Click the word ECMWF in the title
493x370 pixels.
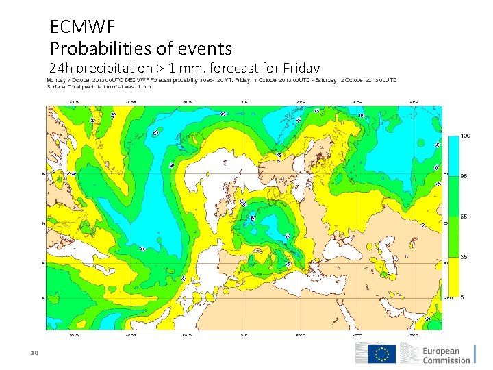tap(82, 27)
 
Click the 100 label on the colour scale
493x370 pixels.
tap(465, 136)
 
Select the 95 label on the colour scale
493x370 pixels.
tap(464, 176)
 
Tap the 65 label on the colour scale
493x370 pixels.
tap(464, 217)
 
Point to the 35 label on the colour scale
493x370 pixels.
tap(464, 257)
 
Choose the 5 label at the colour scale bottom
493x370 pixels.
tap(463, 297)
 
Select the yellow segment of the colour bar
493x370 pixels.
tap(453, 277)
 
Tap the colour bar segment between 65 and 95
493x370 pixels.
tap(453, 196)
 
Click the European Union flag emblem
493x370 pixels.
tap(381, 354)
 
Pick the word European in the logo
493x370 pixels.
tap(446, 350)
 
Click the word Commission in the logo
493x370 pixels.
tap(446, 360)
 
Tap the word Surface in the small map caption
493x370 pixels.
tap(55, 87)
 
